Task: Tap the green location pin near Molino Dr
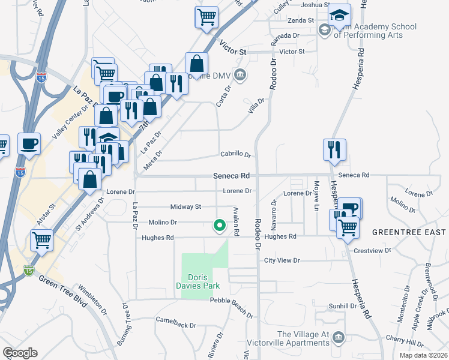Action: tap(220, 226)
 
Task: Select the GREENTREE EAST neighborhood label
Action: tap(409, 232)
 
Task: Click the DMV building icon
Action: tap(240, 75)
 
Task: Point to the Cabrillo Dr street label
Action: tap(235, 155)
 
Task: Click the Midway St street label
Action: tap(185, 207)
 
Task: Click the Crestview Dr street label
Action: tap(372, 251)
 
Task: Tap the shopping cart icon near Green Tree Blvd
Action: tap(42, 240)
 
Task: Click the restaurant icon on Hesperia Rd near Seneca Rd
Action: tap(334, 149)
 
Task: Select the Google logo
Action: tap(20, 353)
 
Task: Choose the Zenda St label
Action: tap(302, 20)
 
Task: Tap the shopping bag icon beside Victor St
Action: tap(196, 63)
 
